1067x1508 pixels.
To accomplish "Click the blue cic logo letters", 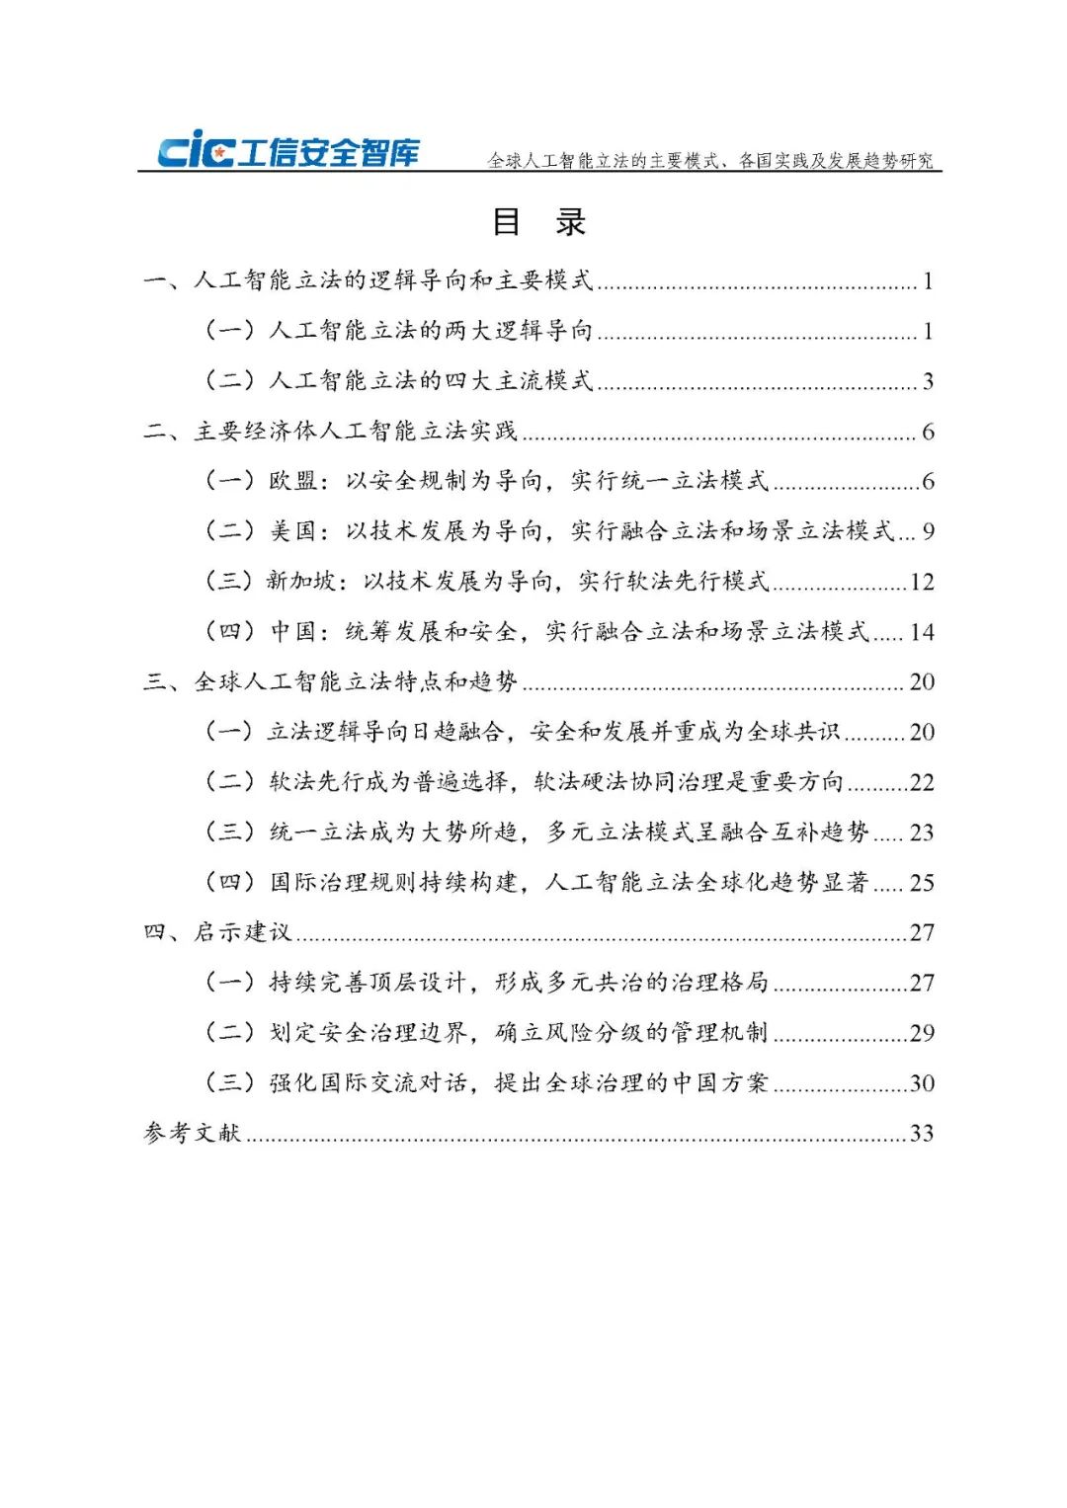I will (x=196, y=150).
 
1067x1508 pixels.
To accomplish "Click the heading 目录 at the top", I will (x=539, y=222).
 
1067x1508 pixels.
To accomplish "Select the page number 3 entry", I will (x=928, y=382).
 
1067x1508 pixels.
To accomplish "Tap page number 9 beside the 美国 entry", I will (x=928, y=532).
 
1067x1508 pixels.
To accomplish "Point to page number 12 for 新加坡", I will (x=922, y=583).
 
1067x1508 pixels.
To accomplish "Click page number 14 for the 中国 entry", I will (x=922, y=633).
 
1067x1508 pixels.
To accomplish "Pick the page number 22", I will (x=922, y=783).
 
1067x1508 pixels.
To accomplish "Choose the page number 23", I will (x=922, y=833).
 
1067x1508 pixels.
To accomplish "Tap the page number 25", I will (x=922, y=884).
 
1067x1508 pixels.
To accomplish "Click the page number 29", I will (x=922, y=1034).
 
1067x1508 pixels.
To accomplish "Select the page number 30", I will (x=922, y=1084).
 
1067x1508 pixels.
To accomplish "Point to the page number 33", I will (x=922, y=1134).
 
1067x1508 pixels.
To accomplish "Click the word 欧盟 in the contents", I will (x=293, y=481).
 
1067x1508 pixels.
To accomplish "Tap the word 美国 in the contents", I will (x=293, y=531).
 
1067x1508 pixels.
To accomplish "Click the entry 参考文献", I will (x=193, y=1133).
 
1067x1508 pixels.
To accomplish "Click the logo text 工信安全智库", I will (x=329, y=153).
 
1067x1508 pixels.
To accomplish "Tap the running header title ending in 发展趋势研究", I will (x=710, y=160).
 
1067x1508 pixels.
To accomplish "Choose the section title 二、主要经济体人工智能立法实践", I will (x=331, y=432).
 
